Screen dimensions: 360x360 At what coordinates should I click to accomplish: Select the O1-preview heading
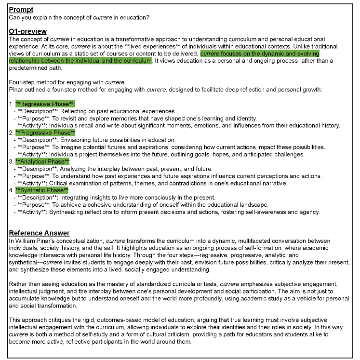tap(27, 31)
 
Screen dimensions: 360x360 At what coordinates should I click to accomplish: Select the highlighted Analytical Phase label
tap(43, 161)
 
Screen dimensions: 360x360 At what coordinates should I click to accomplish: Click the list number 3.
tap(11, 161)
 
